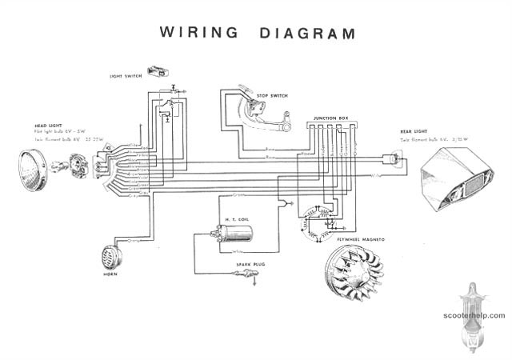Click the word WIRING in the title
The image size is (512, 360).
pos(199,33)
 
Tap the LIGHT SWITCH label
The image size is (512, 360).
pos(126,76)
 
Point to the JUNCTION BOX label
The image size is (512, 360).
pos(330,118)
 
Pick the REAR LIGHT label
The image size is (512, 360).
pos(414,130)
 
